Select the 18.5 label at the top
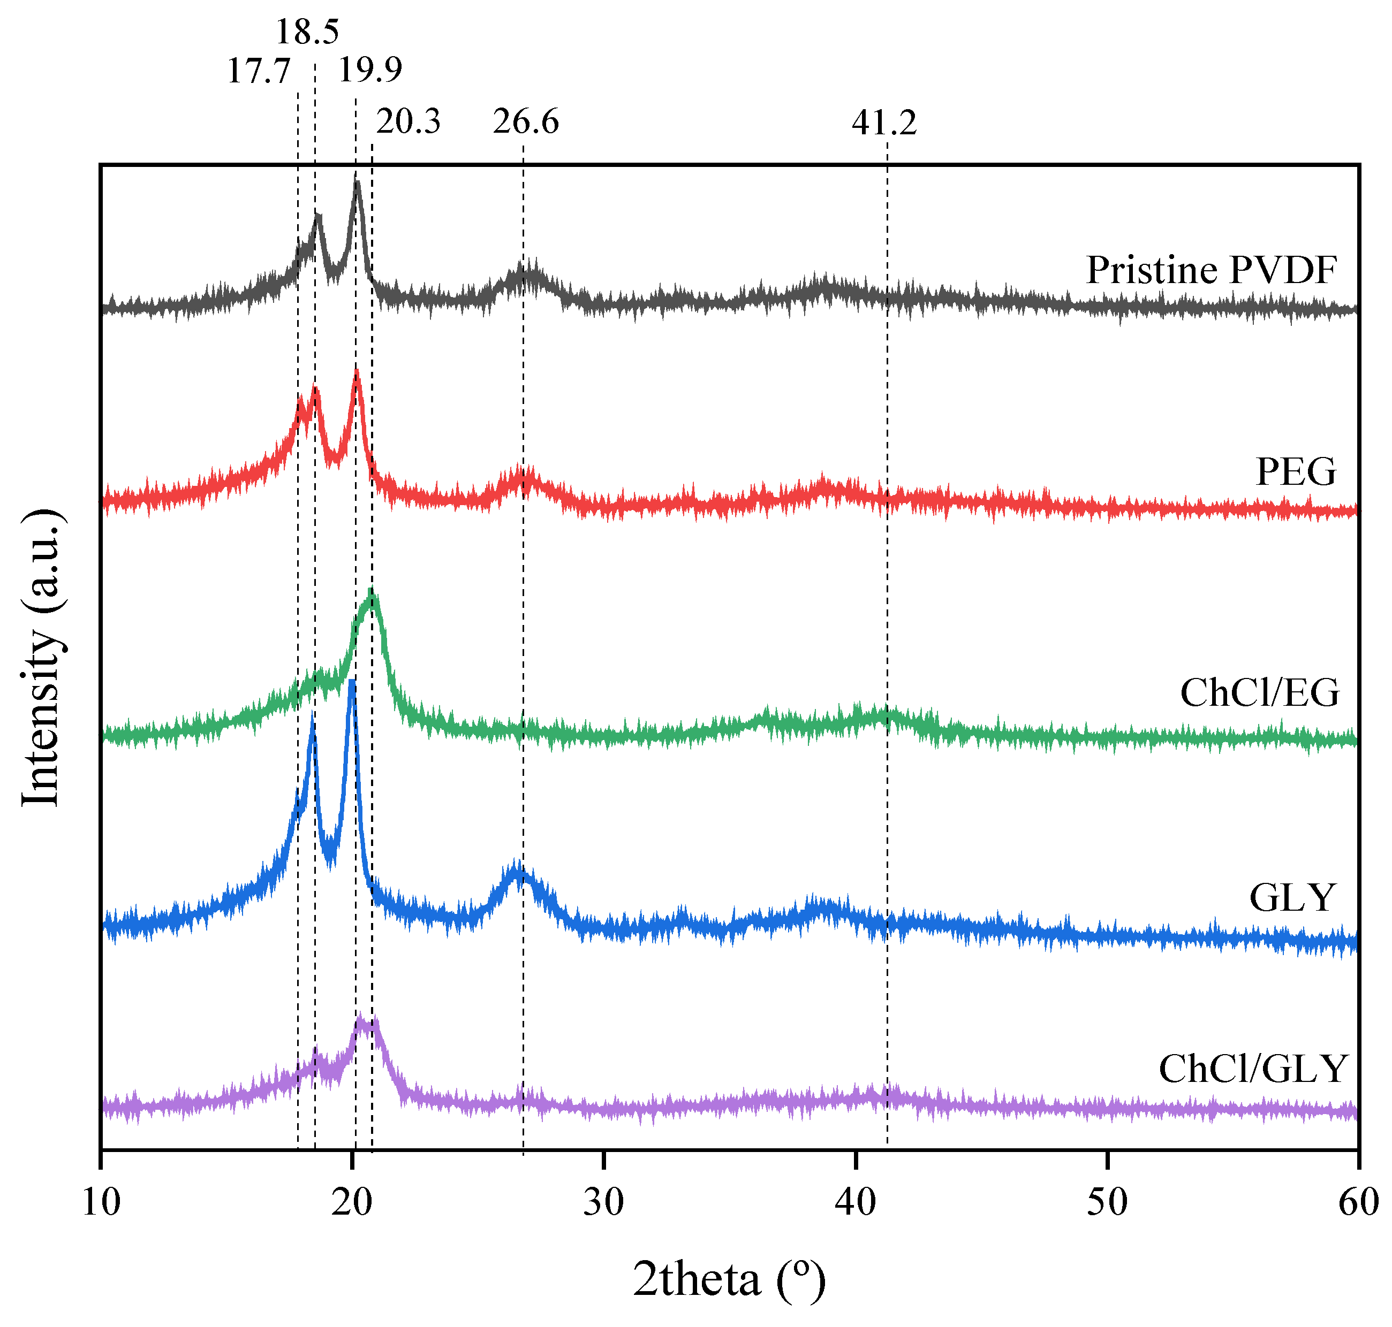click(x=307, y=32)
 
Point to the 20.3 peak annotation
click(x=408, y=121)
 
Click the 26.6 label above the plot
click(x=526, y=121)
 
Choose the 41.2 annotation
click(x=884, y=123)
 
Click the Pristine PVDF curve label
click(x=1212, y=270)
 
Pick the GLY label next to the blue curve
click(x=1292, y=898)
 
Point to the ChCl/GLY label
click(x=1252, y=1069)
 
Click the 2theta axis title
click(x=729, y=1279)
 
